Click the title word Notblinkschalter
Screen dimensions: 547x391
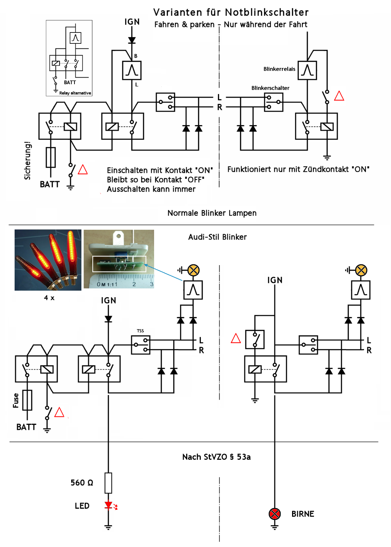pos(267,12)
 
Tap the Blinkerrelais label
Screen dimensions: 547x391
pos(279,69)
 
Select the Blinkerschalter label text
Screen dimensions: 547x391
pos(270,88)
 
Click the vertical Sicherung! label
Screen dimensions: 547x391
pos(27,160)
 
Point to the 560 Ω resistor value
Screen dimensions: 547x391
pos(82,483)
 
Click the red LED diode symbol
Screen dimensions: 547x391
pos(108,505)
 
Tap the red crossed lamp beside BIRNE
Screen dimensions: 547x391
pos(275,514)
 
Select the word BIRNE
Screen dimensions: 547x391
pos(303,514)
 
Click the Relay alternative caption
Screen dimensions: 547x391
pos(75,93)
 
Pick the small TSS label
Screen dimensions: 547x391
pos(141,331)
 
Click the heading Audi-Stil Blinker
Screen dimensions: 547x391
pos(217,237)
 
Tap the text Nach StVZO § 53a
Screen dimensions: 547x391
pos(216,457)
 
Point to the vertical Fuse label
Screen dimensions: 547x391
pos(16,400)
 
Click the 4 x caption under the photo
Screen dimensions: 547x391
pos(49,298)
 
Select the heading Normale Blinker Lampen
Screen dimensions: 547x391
pos(212,213)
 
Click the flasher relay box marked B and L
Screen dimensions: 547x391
pos(132,70)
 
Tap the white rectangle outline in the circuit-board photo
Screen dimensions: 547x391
pos(119,264)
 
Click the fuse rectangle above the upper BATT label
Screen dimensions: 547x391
pos(51,157)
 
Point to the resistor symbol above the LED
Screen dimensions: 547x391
pos(108,483)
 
